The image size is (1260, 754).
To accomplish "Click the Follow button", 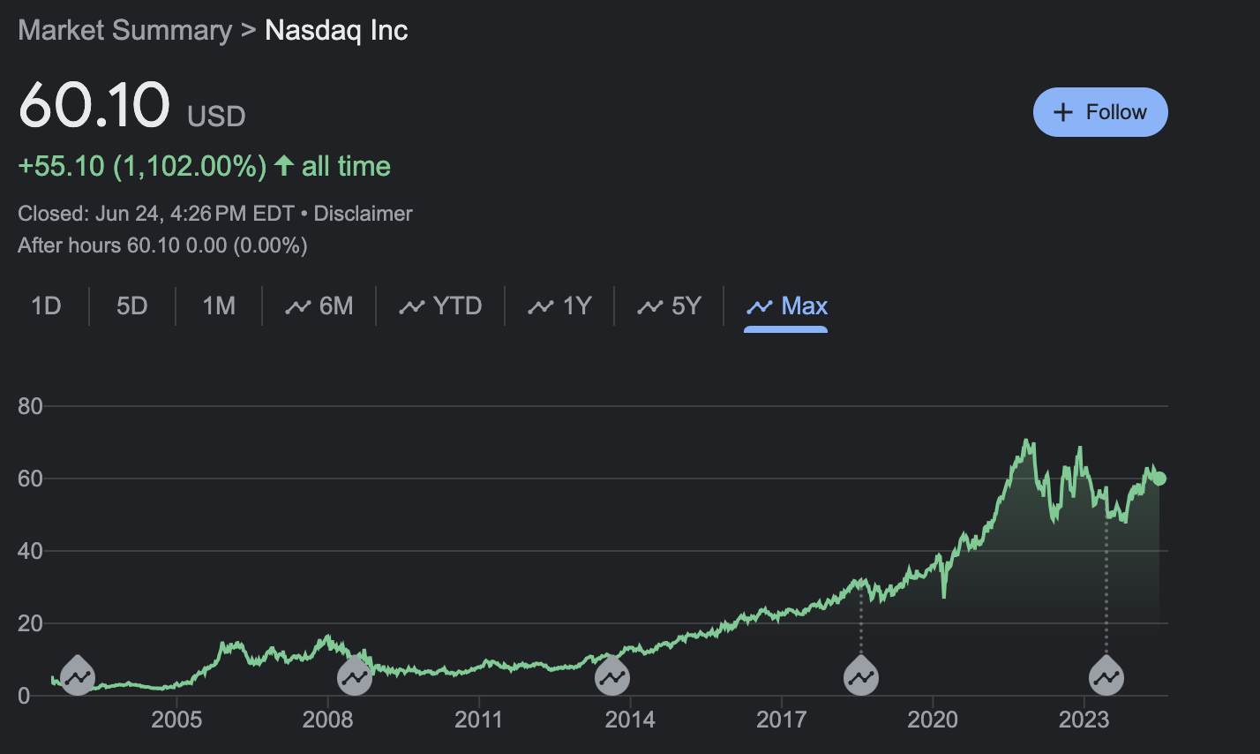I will point(1100,112).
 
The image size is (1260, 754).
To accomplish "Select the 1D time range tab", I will point(46,306).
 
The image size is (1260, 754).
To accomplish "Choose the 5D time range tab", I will point(132,306).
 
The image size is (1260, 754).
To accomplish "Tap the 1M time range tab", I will point(219,306).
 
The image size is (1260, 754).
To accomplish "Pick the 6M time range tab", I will point(319,306).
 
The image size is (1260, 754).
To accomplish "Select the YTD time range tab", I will point(441,306).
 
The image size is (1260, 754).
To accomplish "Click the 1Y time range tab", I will point(560,306).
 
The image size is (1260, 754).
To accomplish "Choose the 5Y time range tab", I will point(670,306).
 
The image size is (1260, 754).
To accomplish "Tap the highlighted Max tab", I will point(787,306).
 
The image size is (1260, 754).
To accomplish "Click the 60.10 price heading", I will point(94,105).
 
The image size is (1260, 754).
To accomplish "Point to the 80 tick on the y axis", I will point(30,406).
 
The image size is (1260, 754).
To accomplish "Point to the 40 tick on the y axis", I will point(30,551).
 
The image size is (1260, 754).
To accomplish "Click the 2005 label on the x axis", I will point(176,720).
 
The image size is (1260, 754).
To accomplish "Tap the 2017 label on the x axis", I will point(781,720).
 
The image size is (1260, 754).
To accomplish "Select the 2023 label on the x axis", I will point(1084,720).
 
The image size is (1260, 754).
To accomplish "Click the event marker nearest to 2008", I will point(356,676).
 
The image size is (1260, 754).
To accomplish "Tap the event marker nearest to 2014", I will point(612,676).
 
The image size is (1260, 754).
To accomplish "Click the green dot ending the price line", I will point(1159,479).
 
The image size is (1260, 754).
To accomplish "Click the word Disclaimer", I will point(363,214).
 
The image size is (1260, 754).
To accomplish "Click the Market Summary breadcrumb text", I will point(124,30).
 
